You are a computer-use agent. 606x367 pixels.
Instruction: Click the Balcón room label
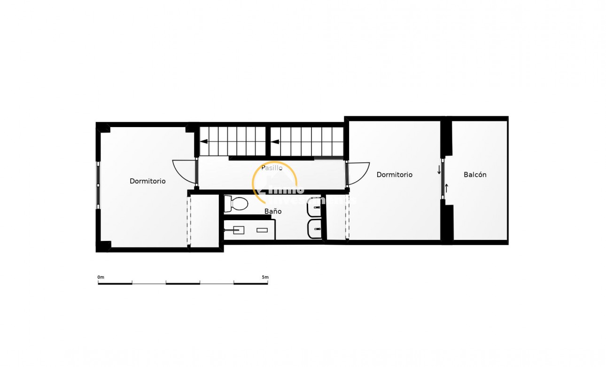475,175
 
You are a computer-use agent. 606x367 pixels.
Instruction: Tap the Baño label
273,211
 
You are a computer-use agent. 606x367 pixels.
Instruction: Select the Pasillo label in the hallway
272,168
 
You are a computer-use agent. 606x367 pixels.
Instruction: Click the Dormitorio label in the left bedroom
148,181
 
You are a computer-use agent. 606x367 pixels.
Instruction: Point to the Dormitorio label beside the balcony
395,175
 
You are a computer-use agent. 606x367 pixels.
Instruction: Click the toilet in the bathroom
236,204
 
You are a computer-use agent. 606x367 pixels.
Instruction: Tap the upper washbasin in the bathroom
315,207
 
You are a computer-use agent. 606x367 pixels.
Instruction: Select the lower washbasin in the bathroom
315,229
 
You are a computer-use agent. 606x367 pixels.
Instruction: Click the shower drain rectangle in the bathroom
262,230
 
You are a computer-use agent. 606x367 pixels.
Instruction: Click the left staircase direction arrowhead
204,140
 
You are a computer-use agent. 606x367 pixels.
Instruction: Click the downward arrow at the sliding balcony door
439,170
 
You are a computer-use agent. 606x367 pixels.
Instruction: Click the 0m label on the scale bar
101,277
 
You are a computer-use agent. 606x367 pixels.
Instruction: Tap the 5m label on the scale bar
265,277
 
